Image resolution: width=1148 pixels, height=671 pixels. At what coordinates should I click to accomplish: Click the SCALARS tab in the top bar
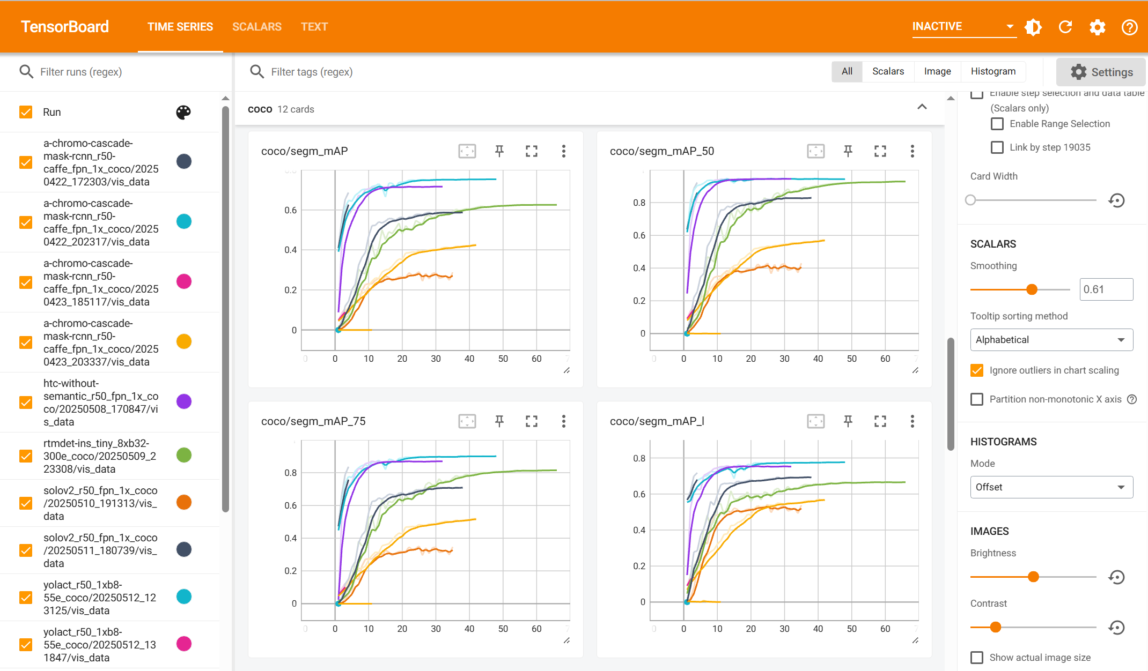click(256, 27)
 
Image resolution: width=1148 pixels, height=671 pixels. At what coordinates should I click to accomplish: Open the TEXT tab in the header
click(314, 27)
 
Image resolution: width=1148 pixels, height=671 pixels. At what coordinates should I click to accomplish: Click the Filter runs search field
click(123, 72)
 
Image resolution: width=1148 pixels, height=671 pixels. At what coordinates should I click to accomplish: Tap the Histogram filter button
click(993, 71)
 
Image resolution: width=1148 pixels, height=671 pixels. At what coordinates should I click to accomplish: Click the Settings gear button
click(1101, 72)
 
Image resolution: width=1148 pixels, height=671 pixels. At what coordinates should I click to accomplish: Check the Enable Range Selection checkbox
click(997, 124)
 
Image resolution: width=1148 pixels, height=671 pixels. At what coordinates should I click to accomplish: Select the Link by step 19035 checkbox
click(997, 147)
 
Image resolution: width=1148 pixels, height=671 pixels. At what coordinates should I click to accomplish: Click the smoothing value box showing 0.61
click(1106, 289)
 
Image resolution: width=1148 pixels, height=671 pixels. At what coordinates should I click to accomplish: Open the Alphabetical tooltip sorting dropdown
click(1051, 340)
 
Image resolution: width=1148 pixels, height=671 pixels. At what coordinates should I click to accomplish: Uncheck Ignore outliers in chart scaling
click(977, 370)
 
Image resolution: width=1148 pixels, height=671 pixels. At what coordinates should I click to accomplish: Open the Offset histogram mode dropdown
click(1051, 487)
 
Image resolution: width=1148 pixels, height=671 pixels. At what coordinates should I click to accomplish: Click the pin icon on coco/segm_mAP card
click(499, 151)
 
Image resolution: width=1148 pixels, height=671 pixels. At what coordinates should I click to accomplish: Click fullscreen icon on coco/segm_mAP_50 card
click(880, 151)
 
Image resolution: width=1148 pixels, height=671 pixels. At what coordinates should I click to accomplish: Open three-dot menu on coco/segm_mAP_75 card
click(563, 421)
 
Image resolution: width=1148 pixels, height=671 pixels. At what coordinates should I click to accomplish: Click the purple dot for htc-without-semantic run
click(184, 401)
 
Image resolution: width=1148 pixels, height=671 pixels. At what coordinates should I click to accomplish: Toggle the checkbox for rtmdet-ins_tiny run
click(26, 456)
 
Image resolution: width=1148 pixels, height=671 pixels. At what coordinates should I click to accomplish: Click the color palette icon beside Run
click(183, 112)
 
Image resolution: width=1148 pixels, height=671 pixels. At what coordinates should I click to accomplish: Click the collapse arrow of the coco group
click(922, 107)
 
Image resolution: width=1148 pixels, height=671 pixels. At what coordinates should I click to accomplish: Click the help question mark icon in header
click(1129, 27)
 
